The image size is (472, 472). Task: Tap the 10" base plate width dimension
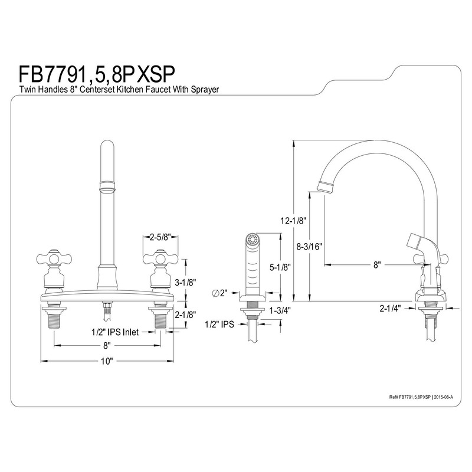click(106, 362)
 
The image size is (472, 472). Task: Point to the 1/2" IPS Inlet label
click(115, 332)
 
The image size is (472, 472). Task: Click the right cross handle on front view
click(159, 258)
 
